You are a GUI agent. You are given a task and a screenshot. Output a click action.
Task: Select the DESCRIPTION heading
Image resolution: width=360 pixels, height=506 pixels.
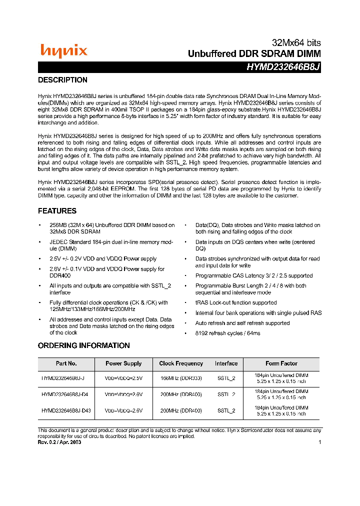(x=62, y=80)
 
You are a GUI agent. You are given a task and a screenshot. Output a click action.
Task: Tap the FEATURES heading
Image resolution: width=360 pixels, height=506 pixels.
(x=57, y=211)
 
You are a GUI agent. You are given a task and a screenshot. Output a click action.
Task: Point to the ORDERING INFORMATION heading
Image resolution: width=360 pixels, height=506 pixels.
(x=83, y=345)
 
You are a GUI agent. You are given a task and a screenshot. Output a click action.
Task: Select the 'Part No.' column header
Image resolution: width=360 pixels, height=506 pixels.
(x=66, y=363)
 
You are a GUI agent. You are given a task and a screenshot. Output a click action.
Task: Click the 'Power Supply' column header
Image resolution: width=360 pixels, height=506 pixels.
(x=123, y=363)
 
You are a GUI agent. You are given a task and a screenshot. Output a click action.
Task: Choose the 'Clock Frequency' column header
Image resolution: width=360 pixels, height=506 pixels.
(x=181, y=363)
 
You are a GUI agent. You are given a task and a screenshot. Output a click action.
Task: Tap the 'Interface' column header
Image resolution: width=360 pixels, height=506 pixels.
(x=226, y=363)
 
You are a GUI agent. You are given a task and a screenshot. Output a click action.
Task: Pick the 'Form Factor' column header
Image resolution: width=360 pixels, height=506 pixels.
(x=281, y=363)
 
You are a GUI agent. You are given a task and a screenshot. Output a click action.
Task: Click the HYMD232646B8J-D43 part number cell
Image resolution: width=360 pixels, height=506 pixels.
(x=66, y=410)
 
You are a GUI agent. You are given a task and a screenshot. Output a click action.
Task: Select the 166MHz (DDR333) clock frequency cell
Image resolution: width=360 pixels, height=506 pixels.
(x=181, y=378)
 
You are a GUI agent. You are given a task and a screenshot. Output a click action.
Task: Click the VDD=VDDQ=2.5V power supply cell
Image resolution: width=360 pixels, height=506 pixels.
(x=123, y=378)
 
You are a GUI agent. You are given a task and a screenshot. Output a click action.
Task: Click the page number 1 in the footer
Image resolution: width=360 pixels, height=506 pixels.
(x=319, y=442)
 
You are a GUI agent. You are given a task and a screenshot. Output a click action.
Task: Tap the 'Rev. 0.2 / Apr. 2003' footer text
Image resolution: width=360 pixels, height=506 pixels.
(x=59, y=442)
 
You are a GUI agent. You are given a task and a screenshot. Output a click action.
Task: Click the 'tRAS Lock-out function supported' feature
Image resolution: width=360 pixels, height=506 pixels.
(x=235, y=302)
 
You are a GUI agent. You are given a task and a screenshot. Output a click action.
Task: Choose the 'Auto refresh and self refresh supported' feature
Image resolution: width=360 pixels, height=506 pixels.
(x=242, y=323)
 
